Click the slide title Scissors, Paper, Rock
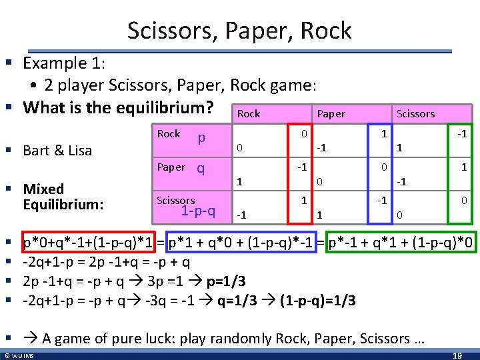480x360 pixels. coord(239,31)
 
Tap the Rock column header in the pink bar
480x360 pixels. coord(249,114)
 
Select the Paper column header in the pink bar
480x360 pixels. coord(331,114)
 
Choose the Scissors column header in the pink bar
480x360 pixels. coord(415,114)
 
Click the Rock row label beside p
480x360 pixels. coord(169,134)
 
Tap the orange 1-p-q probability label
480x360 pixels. coord(198,211)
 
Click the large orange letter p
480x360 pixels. coord(201,137)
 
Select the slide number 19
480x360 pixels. coord(457,355)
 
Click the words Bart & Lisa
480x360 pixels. coord(57,151)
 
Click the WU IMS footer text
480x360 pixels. coord(19,355)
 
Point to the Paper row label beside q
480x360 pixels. coord(171,167)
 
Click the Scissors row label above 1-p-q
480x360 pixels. coord(176,200)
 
